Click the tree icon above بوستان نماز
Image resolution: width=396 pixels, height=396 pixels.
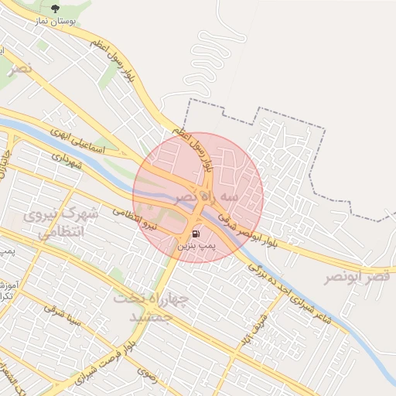[54, 9]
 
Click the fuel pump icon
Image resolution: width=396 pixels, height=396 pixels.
[196, 231]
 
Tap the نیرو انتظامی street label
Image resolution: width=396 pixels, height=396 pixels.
[141, 220]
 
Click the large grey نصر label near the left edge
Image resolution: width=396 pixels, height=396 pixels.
[22, 69]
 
